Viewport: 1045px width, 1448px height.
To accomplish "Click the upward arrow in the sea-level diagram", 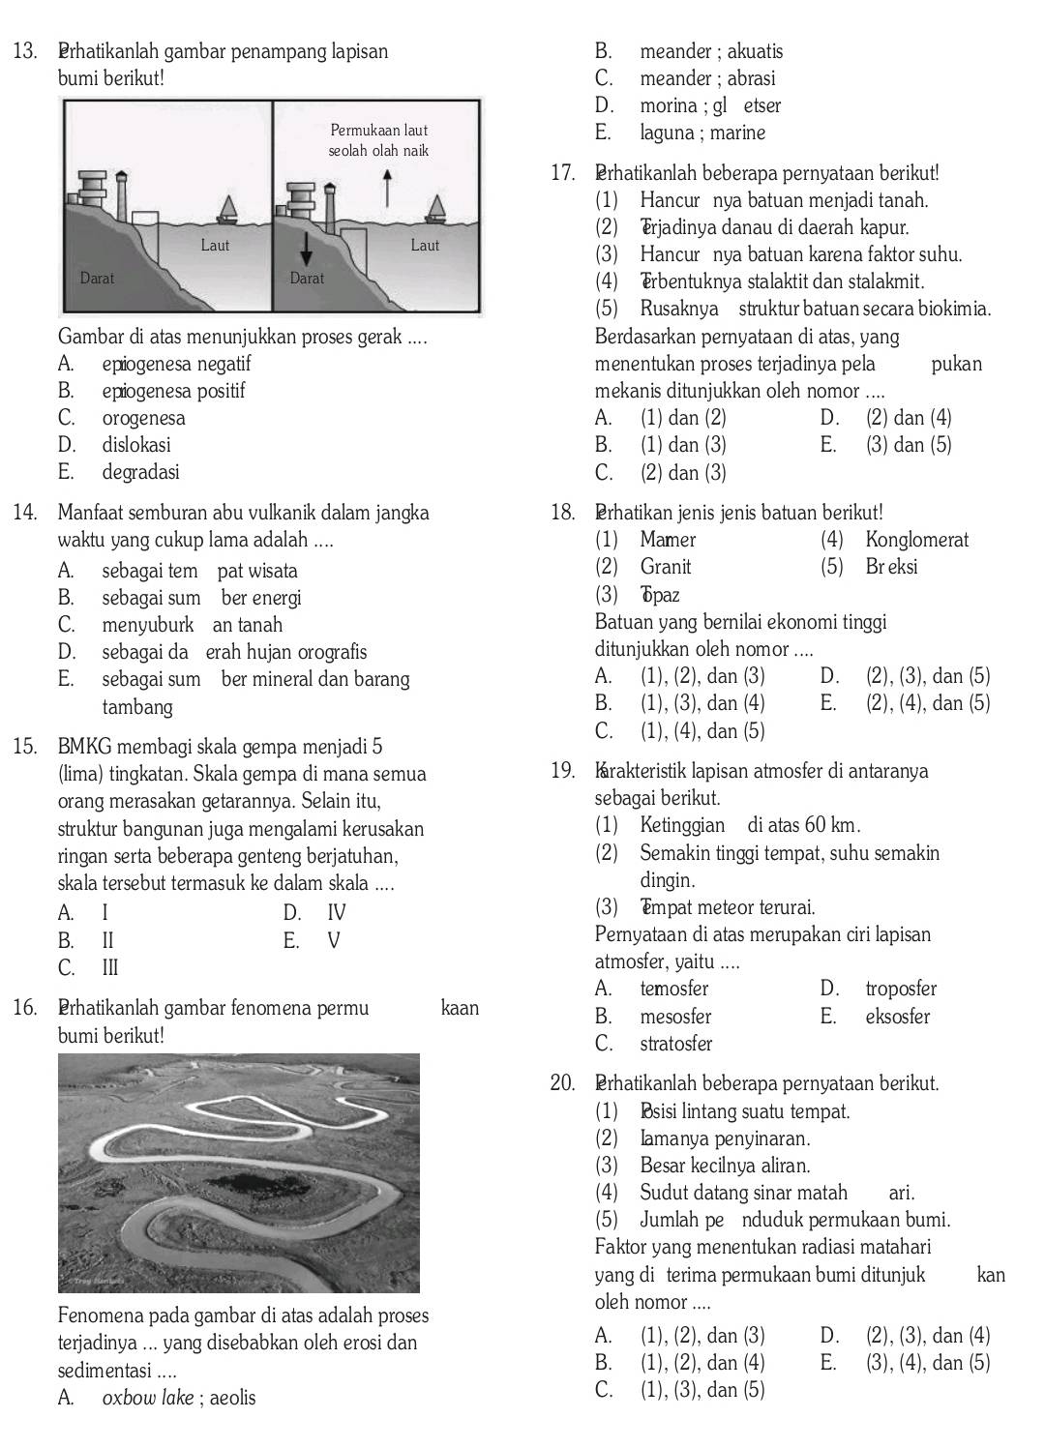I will pos(388,188).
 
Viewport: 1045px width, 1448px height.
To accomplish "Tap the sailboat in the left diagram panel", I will pos(229,208).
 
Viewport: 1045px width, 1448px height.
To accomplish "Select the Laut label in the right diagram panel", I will pos(425,246).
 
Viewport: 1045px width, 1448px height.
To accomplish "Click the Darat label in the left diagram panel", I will pos(97,279).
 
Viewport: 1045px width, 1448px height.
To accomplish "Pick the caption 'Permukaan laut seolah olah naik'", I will pos(378,140).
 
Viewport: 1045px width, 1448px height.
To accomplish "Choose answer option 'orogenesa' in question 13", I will pos(143,419).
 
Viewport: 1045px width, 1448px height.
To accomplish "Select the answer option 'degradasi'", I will pos(140,473).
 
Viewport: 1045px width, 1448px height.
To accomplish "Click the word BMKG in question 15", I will pos(85,748).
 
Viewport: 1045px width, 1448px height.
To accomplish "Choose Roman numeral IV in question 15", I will pos(336,913).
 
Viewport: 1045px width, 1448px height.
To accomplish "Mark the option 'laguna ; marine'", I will pos(702,133).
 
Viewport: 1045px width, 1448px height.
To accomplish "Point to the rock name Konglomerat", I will pos(916,540).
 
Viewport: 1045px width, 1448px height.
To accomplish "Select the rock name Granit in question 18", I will pos(666,567).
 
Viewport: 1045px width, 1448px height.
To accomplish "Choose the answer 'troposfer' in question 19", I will pos(901,990).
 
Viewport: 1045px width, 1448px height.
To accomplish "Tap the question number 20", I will pos(562,1084).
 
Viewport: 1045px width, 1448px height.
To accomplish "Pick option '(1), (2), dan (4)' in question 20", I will pos(702,1364).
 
